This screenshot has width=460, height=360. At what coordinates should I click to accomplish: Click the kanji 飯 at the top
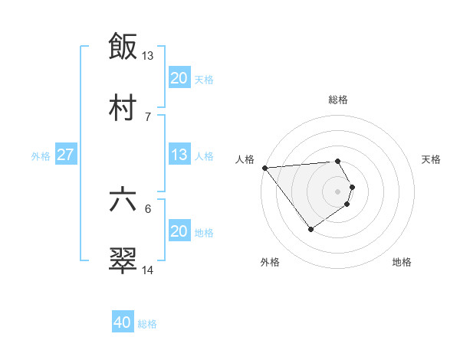pos(123,47)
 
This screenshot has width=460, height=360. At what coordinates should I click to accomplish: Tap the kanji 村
pos(123,107)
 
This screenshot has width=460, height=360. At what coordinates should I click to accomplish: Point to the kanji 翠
pos(123,260)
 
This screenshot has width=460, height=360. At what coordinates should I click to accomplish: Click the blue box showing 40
pos(123,323)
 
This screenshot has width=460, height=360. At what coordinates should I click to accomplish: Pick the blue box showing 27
pos(66,155)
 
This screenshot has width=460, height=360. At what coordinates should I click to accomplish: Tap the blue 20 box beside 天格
pos(179,78)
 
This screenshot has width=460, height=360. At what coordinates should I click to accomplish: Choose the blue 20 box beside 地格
pos(179,231)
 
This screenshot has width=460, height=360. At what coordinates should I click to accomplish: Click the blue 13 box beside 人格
pos(179,155)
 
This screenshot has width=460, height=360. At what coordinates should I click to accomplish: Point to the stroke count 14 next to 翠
pos(147,270)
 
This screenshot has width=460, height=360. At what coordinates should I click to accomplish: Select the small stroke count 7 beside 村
pos(147,116)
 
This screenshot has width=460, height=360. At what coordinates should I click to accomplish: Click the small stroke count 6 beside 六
pos(147,208)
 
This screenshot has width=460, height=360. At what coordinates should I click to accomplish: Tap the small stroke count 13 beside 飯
pos(147,56)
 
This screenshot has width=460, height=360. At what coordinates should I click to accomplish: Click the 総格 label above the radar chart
pos(338,100)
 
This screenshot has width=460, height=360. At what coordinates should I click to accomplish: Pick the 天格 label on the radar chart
pos(431,159)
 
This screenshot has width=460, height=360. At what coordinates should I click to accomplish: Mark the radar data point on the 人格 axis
pos(264,168)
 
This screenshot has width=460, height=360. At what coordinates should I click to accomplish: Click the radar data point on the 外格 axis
pos(310,229)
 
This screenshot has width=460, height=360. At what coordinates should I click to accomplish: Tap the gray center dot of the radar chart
pos(338,190)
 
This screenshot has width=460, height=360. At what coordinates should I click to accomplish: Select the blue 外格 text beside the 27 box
pos(41,155)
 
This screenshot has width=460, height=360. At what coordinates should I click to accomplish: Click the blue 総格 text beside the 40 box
pos(147,324)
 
